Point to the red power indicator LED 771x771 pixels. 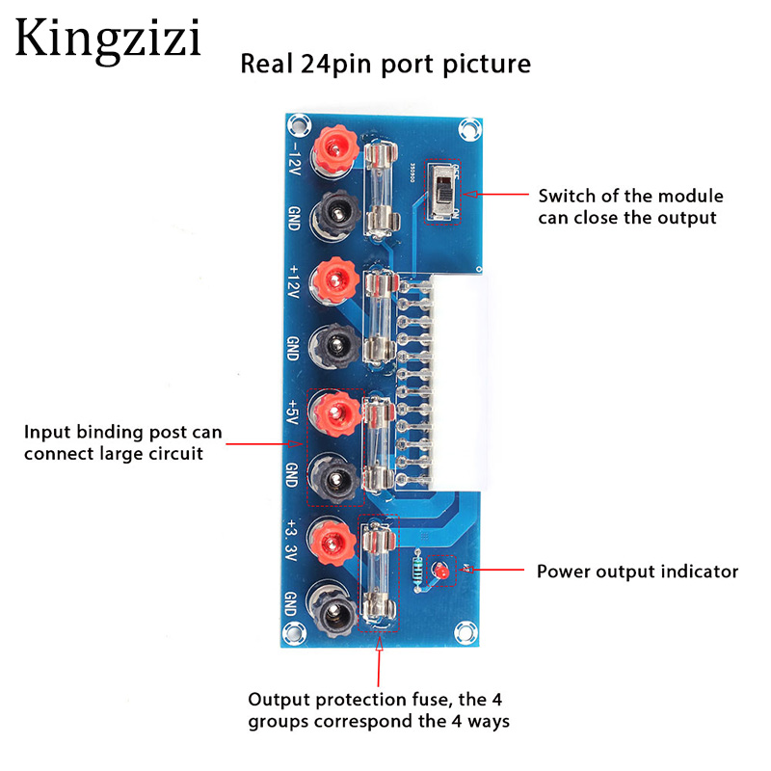(441, 572)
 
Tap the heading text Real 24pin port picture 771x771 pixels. (385, 65)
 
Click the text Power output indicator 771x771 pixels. (637, 572)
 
